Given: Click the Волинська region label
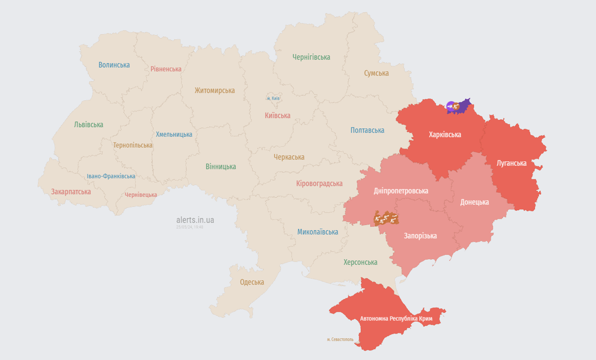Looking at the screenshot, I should pyautogui.click(x=114, y=65).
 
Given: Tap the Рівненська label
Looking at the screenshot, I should pyautogui.click(x=166, y=69).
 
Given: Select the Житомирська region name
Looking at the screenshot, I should pyautogui.click(x=215, y=90).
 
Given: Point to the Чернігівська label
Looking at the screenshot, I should pyautogui.click(x=311, y=57).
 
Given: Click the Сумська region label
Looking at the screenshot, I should pyautogui.click(x=376, y=73).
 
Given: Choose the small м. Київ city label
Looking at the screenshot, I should pyautogui.click(x=273, y=98).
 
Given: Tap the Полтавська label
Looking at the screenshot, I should pyautogui.click(x=367, y=130).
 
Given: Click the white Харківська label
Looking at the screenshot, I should pyautogui.click(x=445, y=135).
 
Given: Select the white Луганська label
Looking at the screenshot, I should pyautogui.click(x=511, y=163).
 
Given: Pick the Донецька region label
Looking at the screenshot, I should pyautogui.click(x=474, y=202).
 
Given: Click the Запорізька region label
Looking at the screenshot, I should pyautogui.click(x=420, y=236).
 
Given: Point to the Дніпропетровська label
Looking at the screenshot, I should pyautogui.click(x=401, y=191).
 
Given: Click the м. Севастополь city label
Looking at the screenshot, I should pyautogui.click(x=340, y=339).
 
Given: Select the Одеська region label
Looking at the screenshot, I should pyautogui.click(x=252, y=282).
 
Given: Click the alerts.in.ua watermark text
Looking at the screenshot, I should pyautogui.click(x=195, y=220).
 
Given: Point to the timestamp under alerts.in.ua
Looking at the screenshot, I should pyautogui.click(x=190, y=227).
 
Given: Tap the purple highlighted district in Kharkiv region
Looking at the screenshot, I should pyautogui.click(x=464, y=106).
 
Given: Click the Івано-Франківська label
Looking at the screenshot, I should pyautogui.click(x=111, y=176).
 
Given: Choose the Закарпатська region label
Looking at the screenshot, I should pyautogui.click(x=71, y=192).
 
